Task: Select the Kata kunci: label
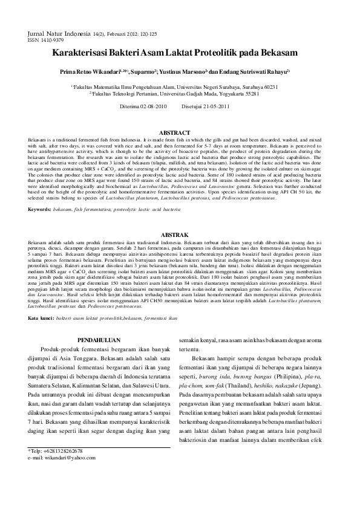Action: (41, 300)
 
